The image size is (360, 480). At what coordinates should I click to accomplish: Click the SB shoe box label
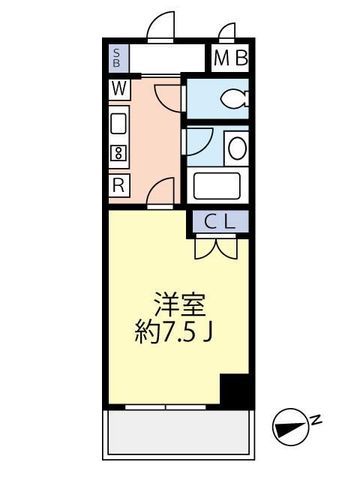[116, 58]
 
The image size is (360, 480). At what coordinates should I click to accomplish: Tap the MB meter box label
[231, 58]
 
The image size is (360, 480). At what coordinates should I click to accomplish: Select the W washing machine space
[119, 89]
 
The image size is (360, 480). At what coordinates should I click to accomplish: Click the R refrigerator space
[119, 185]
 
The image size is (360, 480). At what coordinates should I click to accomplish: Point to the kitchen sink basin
[118, 123]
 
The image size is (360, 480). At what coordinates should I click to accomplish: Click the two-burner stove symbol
[118, 154]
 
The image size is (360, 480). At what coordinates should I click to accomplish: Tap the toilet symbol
[234, 99]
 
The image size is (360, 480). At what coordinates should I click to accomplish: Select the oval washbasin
[237, 148]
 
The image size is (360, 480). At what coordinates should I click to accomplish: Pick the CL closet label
[220, 222]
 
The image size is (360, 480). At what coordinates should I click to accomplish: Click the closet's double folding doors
[216, 247]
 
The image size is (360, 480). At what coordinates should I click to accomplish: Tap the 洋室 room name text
[179, 304]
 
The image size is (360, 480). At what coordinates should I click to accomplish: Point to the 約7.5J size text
[173, 332]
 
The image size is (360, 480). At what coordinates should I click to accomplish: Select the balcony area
[179, 433]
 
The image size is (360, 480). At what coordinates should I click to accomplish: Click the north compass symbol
[285, 428]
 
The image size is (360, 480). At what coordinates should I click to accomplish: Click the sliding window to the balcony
[166, 407]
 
